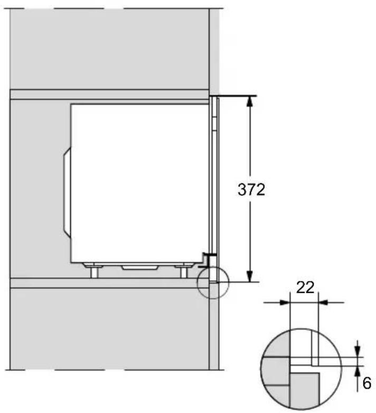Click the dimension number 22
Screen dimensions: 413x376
tap(305, 288)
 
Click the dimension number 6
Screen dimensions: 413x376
tap(366, 383)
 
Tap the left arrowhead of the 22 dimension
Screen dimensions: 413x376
tap(286, 303)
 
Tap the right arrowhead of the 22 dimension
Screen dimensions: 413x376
tap(324, 303)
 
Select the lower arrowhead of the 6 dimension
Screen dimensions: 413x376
tap(358, 371)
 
